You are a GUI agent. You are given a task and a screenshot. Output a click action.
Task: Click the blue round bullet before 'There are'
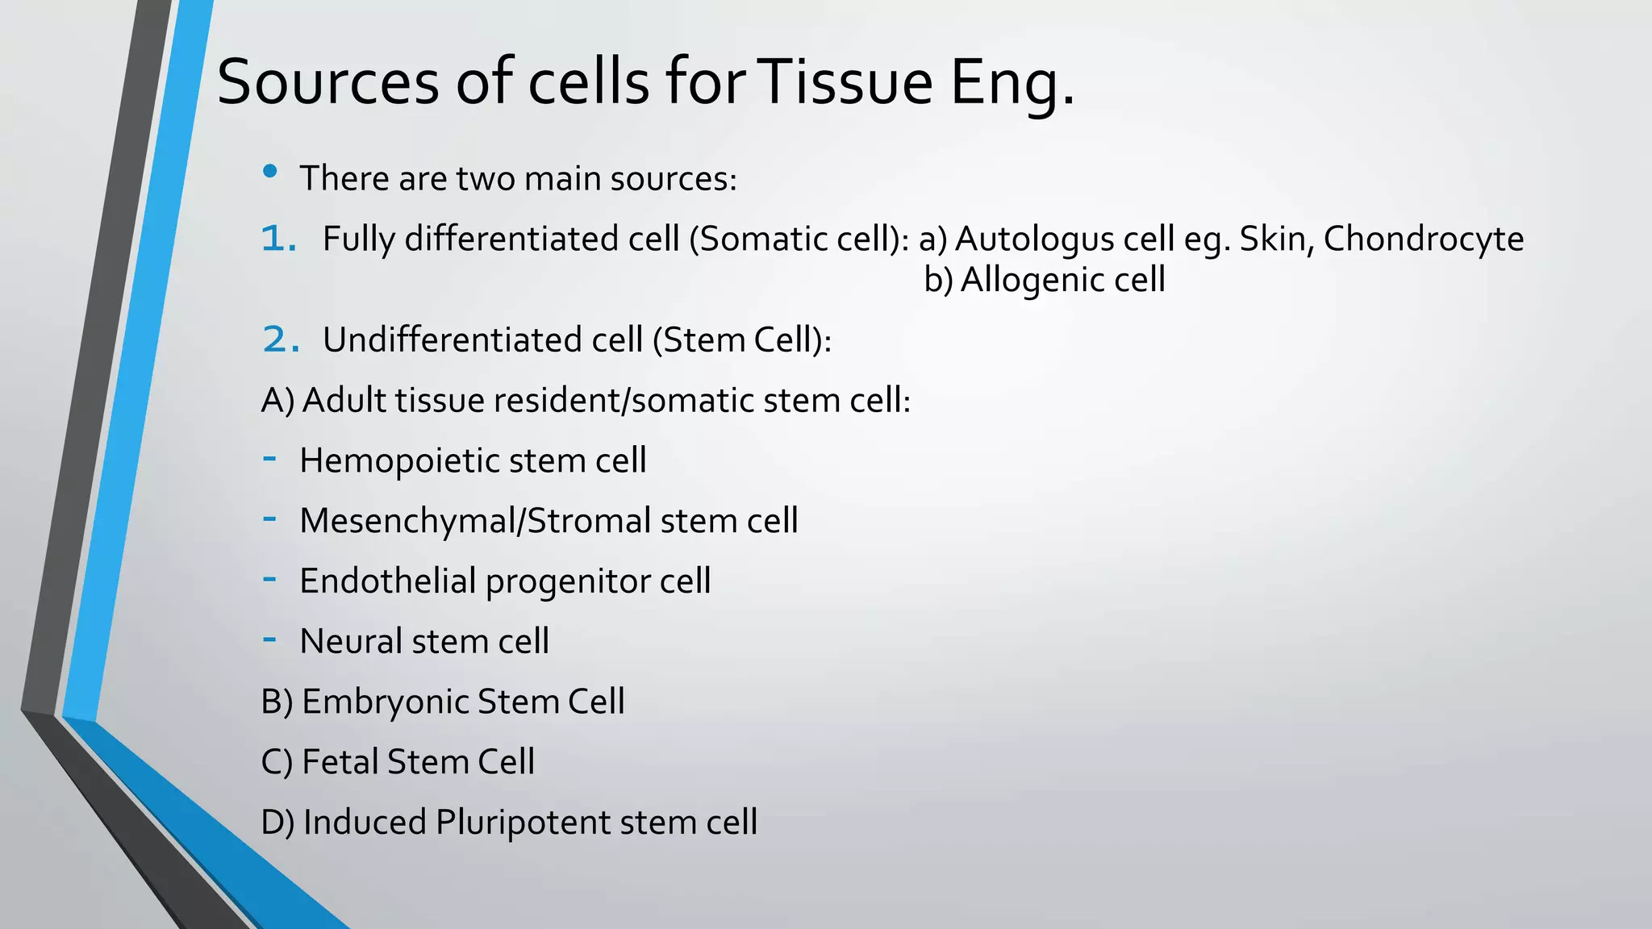click(270, 171)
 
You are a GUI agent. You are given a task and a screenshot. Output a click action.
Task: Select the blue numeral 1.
click(279, 239)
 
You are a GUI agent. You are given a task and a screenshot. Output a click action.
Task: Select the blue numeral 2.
click(281, 340)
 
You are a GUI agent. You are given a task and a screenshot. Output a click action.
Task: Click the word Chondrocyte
click(1424, 240)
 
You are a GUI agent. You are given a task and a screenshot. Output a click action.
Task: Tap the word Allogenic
click(1032, 280)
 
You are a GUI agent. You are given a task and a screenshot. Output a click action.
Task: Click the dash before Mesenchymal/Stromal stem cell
click(270, 519)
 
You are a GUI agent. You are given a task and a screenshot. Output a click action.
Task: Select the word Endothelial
click(388, 581)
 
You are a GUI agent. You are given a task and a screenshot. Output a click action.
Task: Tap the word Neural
click(351, 642)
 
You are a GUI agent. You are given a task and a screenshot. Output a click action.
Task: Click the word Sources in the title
click(327, 82)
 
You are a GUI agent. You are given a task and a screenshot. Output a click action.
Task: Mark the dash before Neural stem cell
click(270, 639)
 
